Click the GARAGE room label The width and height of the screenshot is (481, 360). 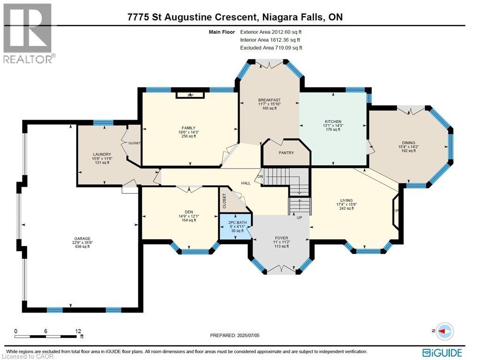pyautogui.click(x=81, y=238)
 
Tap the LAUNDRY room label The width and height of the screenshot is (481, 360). pyautogui.click(x=102, y=154)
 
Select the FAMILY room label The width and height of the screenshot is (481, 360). pyautogui.click(x=188, y=128)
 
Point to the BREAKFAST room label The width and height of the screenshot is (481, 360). pyautogui.click(x=269, y=100)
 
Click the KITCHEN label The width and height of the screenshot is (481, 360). pyautogui.click(x=333, y=122)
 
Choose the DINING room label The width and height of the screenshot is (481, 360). pyautogui.click(x=408, y=143)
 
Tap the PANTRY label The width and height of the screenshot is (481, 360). pyautogui.click(x=286, y=153)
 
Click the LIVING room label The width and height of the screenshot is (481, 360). pyautogui.click(x=347, y=200)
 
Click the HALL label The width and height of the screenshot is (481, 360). pyautogui.click(x=246, y=183)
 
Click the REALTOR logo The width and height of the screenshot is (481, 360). pyautogui.click(x=28, y=33)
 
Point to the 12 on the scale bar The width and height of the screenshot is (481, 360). pyautogui.click(x=78, y=331)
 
